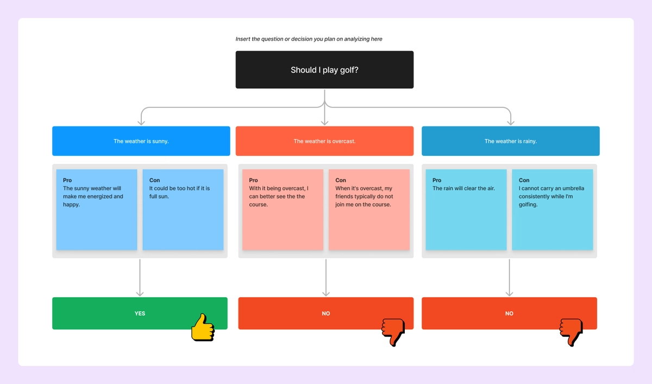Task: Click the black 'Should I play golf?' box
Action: tap(324, 70)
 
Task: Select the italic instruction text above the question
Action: tap(309, 39)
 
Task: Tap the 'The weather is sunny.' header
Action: tap(141, 141)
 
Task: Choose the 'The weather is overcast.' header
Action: tap(324, 141)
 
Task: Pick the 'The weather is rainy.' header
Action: tap(510, 141)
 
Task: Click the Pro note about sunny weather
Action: tap(97, 209)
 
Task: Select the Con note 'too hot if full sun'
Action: tap(183, 209)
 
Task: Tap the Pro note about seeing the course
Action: tap(283, 209)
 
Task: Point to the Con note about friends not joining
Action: tap(369, 209)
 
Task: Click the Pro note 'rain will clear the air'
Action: tap(466, 209)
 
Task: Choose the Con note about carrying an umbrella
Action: tap(552, 209)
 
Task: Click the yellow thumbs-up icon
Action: tap(203, 328)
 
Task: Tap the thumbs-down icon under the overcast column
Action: tap(393, 331)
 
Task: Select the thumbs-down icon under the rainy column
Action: tap(571, 331)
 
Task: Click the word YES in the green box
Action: tap(140, 313)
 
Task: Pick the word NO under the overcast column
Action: tap(325, 313)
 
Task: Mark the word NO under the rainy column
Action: tap(509, 313)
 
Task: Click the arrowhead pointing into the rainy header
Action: tap(510, 122)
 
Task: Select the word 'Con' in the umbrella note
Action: tap(524, 180)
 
